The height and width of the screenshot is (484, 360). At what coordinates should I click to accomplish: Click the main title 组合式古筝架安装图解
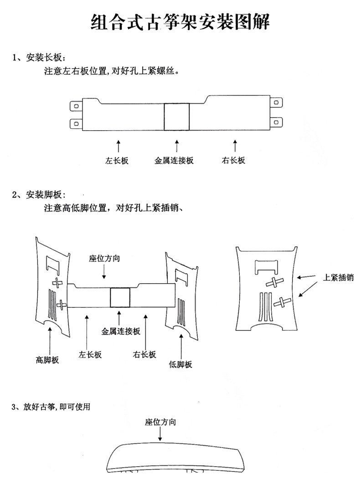pos(180,21)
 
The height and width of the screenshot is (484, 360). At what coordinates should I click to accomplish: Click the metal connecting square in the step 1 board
pos(176,116)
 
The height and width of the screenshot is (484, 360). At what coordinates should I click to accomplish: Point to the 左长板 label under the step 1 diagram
pos(117,160)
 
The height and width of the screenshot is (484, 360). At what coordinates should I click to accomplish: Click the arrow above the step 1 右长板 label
pos(235,146)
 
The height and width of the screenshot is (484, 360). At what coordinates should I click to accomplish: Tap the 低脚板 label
pos(180,364)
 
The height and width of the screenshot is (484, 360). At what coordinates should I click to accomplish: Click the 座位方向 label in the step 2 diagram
pos(104,258)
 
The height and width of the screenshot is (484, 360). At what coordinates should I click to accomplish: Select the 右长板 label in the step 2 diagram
pos(145,354)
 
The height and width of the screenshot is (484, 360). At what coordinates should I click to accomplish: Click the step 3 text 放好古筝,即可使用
pos(51,407)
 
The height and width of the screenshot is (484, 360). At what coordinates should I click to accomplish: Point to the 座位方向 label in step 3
pos(160,422)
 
